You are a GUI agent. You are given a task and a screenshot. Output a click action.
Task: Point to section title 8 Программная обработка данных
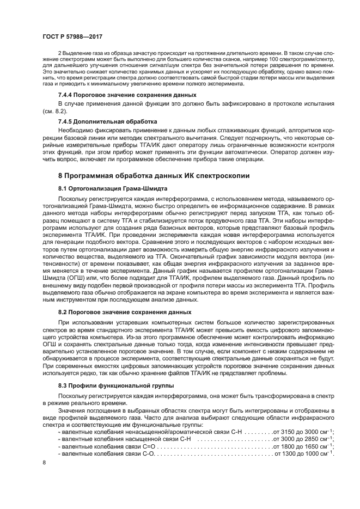pyautogui.click(x=154, y=176)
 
